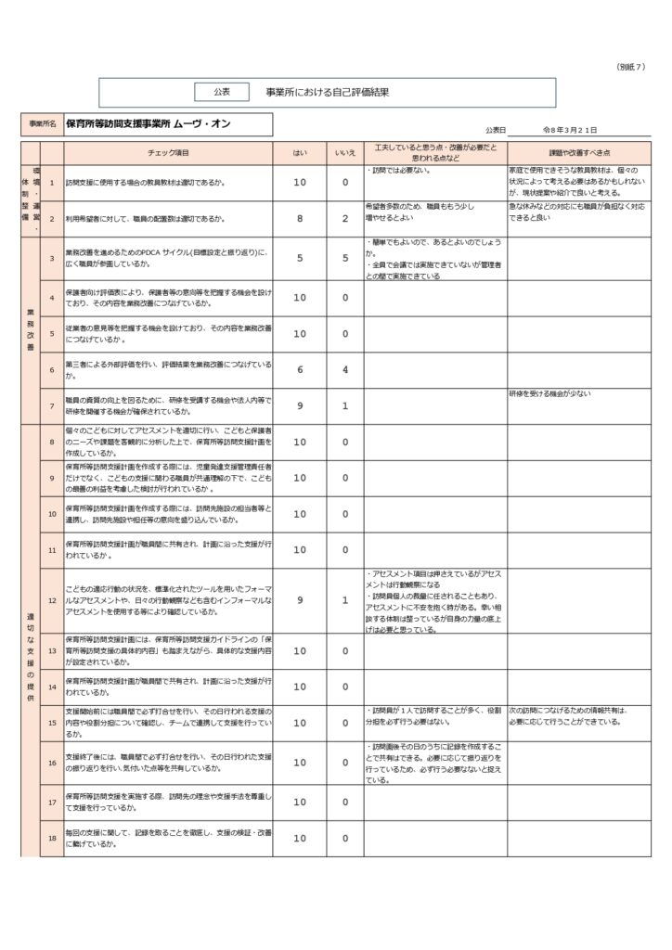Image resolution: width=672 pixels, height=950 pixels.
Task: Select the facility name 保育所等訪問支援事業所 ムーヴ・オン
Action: tap(149, 124)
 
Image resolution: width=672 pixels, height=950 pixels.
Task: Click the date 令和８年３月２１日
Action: tap(569, 131)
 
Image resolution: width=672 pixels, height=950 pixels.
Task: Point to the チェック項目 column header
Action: tap(168, 152)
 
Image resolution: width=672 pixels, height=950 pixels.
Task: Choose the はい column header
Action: tap(299, 152)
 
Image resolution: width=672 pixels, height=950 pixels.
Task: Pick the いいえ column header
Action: tap(344, 152)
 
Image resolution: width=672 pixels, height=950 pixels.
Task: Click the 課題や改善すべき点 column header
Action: tap(578, 152)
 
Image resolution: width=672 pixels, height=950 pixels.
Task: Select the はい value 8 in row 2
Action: tap(299, 219)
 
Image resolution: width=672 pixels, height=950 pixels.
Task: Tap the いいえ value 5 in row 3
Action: tap(344, 258)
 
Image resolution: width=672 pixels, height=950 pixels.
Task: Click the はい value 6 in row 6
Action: tap(299, 369)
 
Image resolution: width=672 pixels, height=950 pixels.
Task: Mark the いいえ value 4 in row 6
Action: tap(344, 369)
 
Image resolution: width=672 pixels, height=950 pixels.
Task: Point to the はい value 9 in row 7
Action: tap(299, 405)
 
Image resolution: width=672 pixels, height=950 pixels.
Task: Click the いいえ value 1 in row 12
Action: tap(344, 600)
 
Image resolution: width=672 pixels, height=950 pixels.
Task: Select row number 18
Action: tap(52, 839)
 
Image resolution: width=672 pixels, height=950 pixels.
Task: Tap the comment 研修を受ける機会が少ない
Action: tap(548, 394)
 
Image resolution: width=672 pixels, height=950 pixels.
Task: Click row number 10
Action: tap(52, 514)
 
